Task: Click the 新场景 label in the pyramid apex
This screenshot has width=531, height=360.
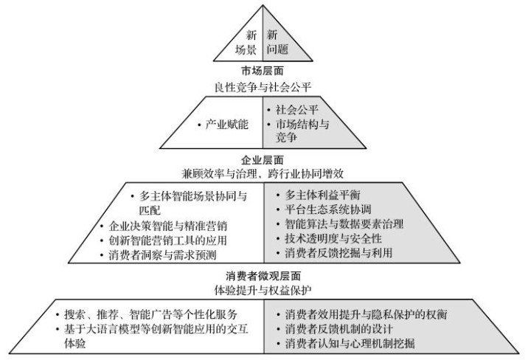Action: tap(246, 42)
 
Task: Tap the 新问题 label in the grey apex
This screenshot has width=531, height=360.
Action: tap(277, 42)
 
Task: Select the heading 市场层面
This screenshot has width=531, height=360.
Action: tap(263, 71)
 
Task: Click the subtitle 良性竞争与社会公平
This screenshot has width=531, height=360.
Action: tap(263, 87)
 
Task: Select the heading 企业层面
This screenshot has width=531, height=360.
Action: tap(263, 159)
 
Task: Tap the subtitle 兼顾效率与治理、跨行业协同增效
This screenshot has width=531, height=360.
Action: tap(263, 173)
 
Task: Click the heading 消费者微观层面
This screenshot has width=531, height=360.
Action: tap(263, 276)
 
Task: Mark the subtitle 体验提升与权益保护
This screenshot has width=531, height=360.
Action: tap(263, 290)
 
